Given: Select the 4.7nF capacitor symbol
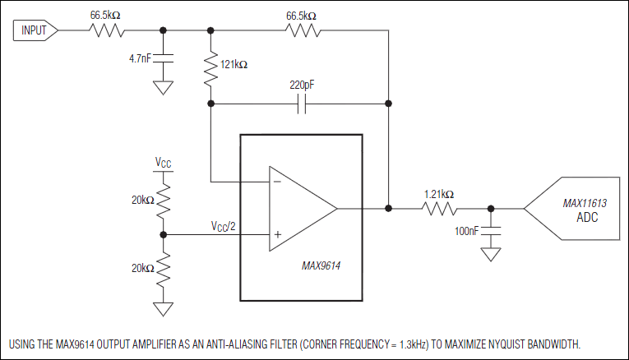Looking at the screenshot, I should coord(164,59).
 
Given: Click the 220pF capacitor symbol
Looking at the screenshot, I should coord(300,104).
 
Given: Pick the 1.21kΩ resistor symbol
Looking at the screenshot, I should coord(439,208).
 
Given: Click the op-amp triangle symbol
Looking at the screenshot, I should coord(301,208).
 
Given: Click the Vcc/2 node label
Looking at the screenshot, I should coord(224,225).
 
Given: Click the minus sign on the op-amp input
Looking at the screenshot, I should coord(277,182).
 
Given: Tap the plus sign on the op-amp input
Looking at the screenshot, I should coord(277,234).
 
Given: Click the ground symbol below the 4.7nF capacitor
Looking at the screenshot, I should coord(164,88).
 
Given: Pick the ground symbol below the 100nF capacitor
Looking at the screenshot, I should coord(491,255).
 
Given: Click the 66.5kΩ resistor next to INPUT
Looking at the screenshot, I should coord(106,31).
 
